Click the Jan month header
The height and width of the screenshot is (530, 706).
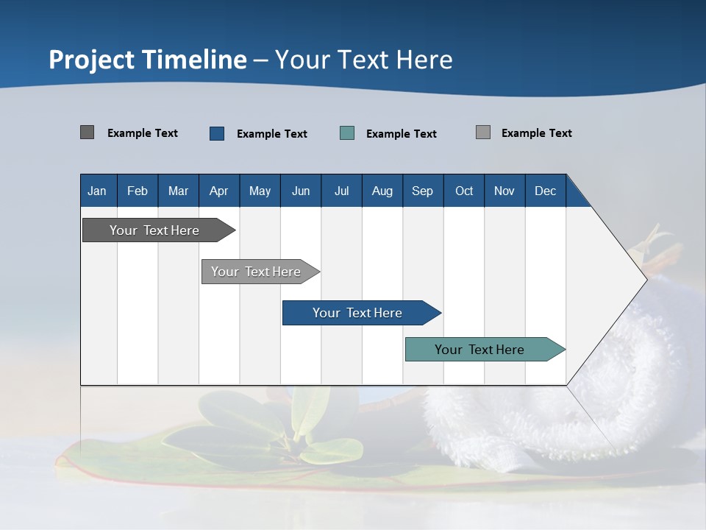point(97,191)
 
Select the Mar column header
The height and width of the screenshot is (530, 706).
point(178,191)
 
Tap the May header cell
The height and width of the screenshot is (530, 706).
point(260,191)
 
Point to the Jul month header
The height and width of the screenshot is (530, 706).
point(341,191)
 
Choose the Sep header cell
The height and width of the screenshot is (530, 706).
point(422,191)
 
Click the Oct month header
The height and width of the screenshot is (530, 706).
point(464,191)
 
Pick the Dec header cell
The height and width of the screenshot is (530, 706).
point(545,191)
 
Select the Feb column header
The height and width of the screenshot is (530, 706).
point(138,191)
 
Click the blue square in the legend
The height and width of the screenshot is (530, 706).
point(217,133)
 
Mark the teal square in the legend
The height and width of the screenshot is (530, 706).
point(347,133)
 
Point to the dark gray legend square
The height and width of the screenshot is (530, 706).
point(87,132)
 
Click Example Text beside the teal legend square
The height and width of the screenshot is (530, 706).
point(401,134)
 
